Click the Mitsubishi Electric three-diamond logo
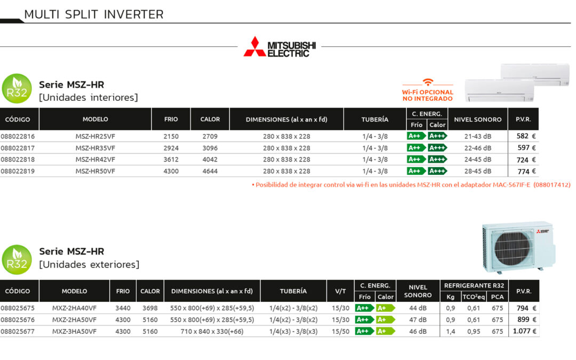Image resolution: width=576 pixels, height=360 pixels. [254, 47]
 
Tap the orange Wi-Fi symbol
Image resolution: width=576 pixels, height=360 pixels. [428, 82]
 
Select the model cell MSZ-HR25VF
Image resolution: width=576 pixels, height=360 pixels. [95, 137]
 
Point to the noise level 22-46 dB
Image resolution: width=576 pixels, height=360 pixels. [477, 148]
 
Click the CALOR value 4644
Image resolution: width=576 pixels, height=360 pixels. [210, 171]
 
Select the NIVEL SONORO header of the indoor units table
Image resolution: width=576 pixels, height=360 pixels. [477, 119]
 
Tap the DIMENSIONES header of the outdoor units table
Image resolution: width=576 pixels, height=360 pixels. [212, 291]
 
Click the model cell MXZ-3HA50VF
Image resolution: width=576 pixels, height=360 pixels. [74, 331]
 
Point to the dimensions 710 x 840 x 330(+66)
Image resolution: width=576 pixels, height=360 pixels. [212, 331]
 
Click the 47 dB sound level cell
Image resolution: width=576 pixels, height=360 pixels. [418, 320]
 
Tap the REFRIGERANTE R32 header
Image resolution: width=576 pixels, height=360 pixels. [474, 286]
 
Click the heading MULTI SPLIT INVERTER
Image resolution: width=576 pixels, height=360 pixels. [94, 14]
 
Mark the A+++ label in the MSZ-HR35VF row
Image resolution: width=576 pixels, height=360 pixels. [437, 148]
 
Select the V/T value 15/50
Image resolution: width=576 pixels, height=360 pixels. [340, 331]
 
